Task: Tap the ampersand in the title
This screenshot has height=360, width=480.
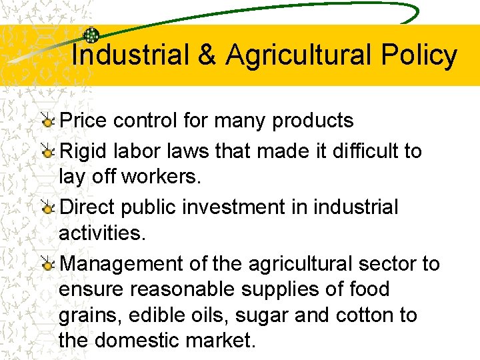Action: pyautogui.click(x=207, y=55)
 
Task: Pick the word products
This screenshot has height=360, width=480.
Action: pyautogui.click(x=313, y=121)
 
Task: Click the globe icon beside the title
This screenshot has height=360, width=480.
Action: pyautogui.click(x=91, y=36)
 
